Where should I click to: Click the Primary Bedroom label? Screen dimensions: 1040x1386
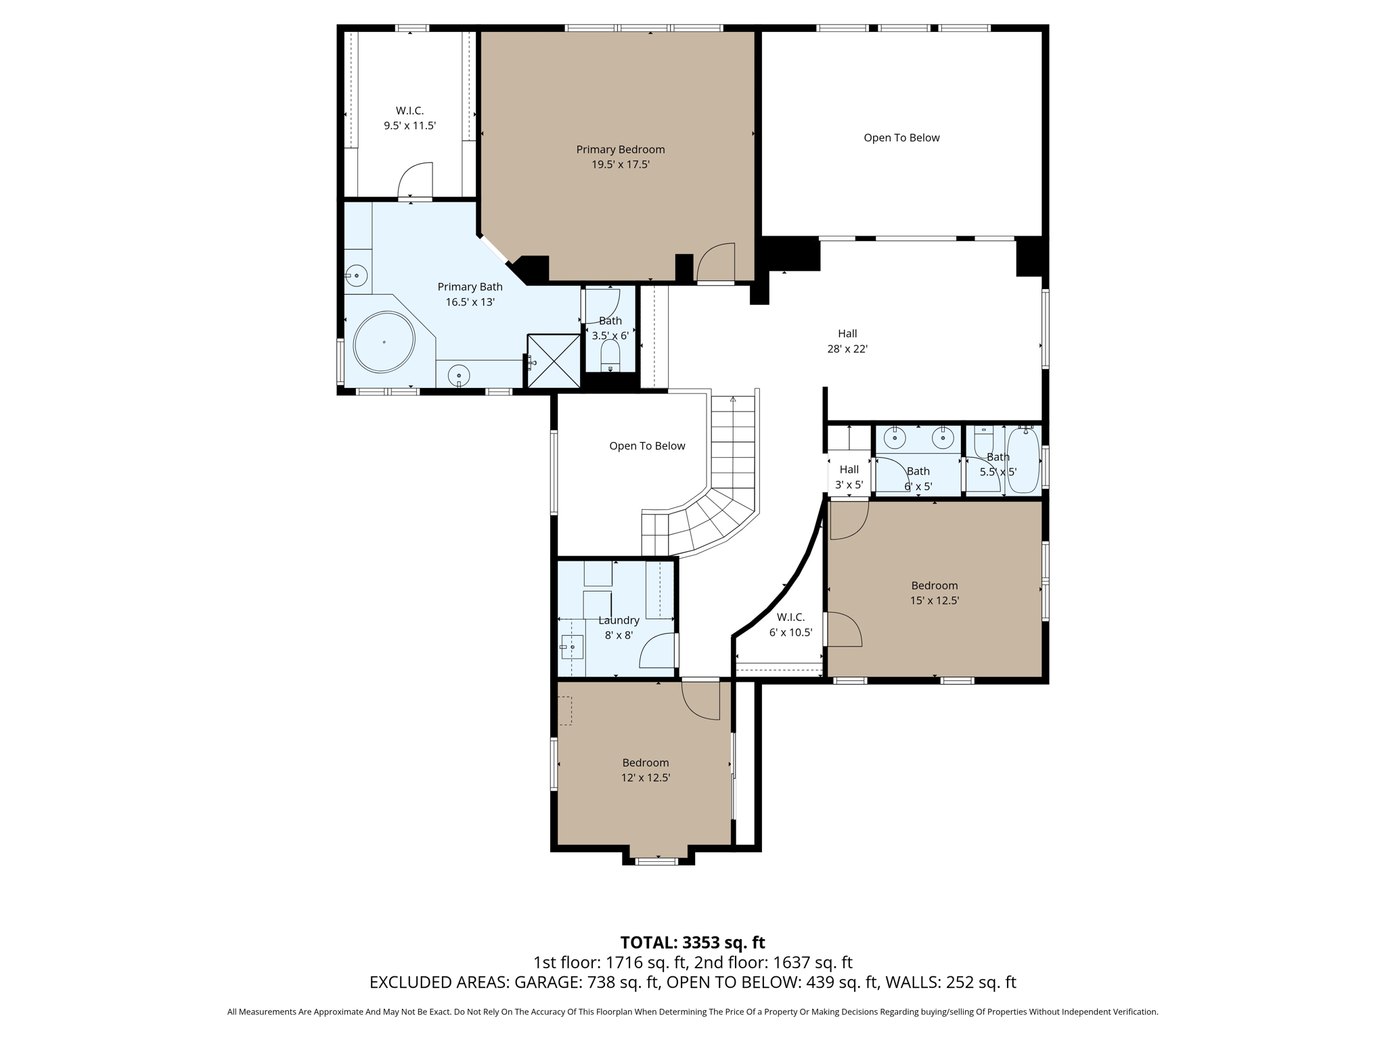point(620,150)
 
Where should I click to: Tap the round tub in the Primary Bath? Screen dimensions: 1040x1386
point(384,342)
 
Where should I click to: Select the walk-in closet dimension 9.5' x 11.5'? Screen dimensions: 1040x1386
point(409,126)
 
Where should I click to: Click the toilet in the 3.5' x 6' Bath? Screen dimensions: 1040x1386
point(610,355)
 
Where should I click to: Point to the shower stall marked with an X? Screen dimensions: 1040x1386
point(554,361)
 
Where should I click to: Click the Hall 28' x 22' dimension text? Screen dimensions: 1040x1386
point(847,349)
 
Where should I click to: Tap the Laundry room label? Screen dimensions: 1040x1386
point(619,620)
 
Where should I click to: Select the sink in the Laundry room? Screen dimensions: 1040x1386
point(572,647)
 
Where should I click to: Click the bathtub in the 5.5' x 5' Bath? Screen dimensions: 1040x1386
point(1023,460)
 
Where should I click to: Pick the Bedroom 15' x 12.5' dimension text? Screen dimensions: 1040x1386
point(934,601)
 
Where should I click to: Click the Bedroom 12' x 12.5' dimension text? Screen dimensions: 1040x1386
point(646,778)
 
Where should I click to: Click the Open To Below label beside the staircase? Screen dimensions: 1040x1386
point(647,446)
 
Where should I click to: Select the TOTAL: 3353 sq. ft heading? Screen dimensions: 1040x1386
point(692,942)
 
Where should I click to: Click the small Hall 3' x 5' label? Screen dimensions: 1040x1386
point(849,470)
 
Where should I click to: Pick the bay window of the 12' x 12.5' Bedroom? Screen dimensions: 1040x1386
point(657,861)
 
